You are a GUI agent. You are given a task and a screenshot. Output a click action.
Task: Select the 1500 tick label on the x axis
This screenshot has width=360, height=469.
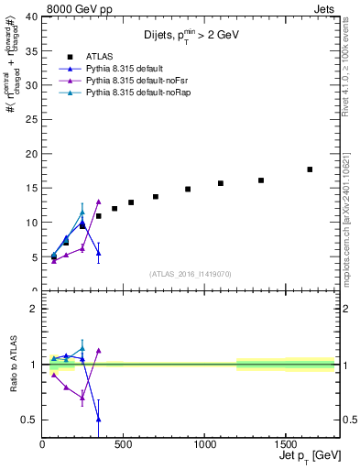pos(284,446)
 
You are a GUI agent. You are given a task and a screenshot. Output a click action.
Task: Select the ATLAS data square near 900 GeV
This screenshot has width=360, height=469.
pos(188,189)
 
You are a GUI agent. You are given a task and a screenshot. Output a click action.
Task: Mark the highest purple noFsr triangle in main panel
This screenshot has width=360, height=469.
pos(98,202)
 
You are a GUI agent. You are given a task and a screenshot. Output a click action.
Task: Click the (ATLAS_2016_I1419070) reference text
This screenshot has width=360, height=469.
pos(188,273)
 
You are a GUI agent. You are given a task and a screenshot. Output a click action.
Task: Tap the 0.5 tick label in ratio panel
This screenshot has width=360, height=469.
pos(30,420)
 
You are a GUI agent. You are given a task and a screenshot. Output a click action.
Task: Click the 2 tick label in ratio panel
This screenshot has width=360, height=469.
pos(34,309)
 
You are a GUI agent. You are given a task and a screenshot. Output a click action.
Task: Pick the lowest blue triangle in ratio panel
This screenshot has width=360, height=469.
pos(98,419)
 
